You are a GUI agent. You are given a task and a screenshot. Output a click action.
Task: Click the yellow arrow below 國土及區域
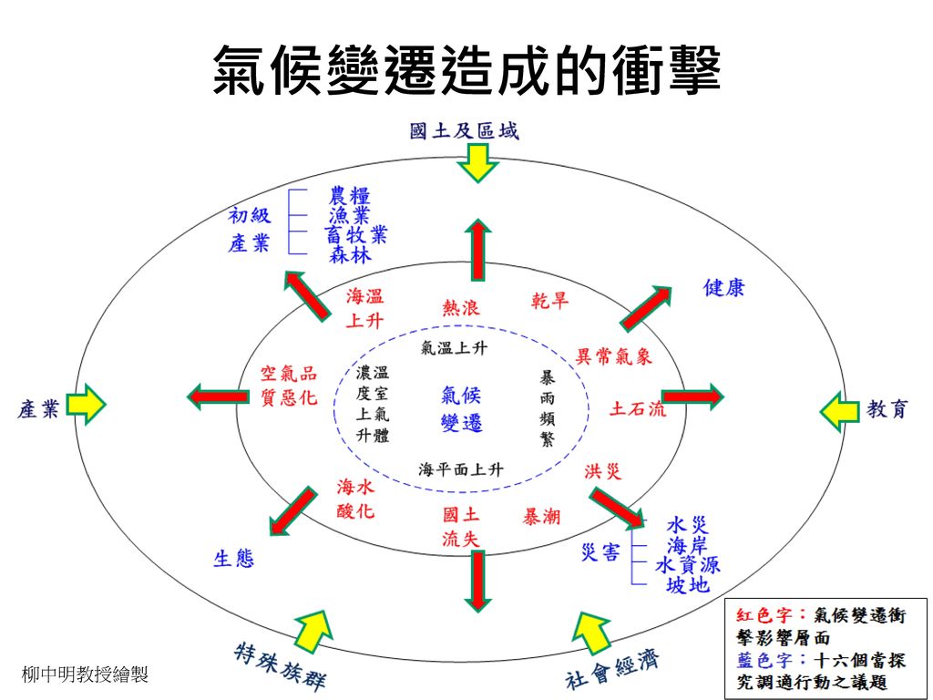(x=477, y=163)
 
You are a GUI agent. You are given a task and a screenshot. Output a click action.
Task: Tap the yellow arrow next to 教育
(x=839, y=411)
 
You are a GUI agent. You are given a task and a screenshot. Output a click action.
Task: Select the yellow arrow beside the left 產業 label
(x=86, y=404)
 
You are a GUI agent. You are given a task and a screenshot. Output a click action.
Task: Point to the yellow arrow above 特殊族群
(x=312, y=631)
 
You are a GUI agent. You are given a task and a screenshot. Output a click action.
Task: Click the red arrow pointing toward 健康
(x=646, y=308)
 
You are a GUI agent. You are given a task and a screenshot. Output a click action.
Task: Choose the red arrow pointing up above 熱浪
(x=477, y=250)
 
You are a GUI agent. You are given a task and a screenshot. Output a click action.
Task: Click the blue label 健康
(x=724, y=288)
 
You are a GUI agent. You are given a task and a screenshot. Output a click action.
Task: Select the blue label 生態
(x=234, y=559)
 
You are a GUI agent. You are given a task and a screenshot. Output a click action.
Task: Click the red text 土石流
(x=638, y=409)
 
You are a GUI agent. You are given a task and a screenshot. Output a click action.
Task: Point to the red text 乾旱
(x=549, y=301)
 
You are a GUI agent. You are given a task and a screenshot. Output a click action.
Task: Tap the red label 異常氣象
(x=613, y=356)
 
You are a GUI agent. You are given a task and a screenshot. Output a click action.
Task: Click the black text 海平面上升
(x=460, y=469)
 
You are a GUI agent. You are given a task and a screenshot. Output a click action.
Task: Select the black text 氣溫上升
(x=454, y=348)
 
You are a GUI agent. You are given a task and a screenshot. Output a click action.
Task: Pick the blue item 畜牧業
(x=356, y=235)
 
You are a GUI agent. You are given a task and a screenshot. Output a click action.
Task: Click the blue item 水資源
(x=688, y=565)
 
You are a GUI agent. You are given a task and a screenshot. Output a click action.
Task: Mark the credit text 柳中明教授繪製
(x=85, y=674)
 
